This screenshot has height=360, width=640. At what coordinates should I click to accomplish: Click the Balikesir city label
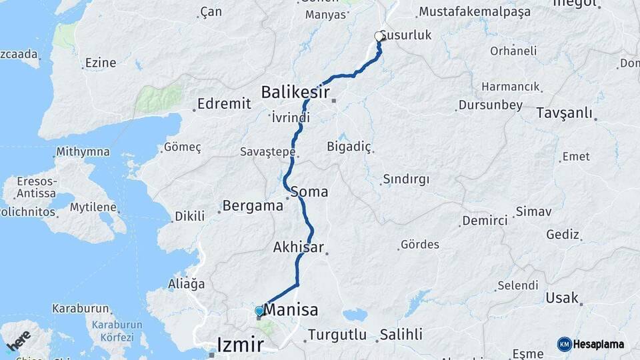coord(295,91)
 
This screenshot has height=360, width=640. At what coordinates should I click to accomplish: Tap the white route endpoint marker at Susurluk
coord(379,36)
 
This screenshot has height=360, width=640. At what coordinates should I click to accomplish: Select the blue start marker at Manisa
coord(259,311)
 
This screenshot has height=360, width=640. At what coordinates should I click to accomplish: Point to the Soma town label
coord(309,192)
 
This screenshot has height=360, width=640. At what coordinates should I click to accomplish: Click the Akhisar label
coord(298,248)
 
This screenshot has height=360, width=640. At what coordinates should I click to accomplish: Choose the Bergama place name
coord(253,205)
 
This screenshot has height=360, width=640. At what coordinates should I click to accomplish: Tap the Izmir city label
coord(240,345)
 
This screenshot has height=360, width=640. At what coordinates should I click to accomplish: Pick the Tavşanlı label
coord(564,113)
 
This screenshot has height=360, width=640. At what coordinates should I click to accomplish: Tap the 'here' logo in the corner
coord(18,340)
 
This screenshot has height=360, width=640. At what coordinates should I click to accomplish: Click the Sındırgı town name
coord(406,179)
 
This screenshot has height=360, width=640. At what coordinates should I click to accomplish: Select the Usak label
coord(562,298)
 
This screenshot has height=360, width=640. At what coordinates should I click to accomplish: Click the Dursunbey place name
coord(490,105)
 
